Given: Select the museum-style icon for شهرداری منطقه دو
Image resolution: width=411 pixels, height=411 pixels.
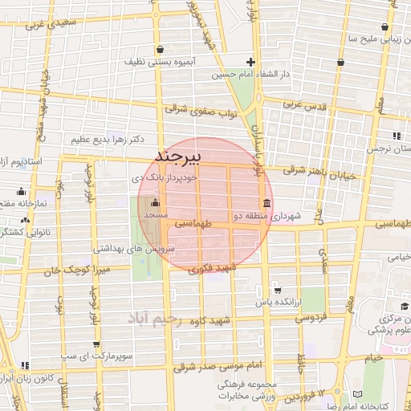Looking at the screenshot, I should click(x=266, y=202).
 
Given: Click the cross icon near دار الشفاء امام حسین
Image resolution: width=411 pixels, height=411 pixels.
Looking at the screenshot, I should click(x=251, y=62).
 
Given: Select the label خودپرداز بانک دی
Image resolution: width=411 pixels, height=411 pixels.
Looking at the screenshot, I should click(x=160, y=173).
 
